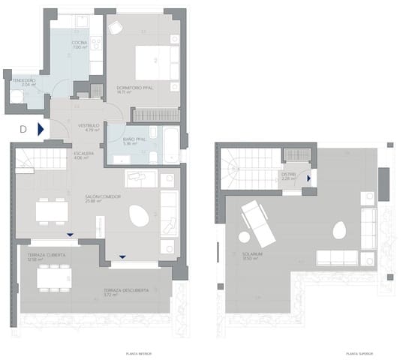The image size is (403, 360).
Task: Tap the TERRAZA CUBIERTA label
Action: pyautogui.click(x=47, y=256)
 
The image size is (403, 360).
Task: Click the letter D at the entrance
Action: pyautogui.click(x=23, y=129)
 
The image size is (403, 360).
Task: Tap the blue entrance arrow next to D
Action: pyautogui.click(x=41, y=129)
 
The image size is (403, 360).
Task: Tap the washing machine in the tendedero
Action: pyautogui.click(x=16, y=95)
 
